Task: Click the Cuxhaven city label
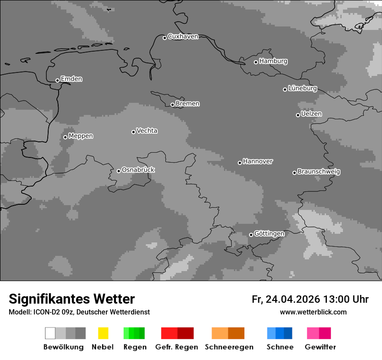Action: point(183,36)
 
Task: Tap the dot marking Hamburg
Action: point(256,62)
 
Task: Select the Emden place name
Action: point(71,79)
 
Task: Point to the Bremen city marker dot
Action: point(172,105)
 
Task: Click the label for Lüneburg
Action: point(302,88)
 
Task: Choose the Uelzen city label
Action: point(311,114)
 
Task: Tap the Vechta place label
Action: point(147,131)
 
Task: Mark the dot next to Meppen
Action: point(65,137)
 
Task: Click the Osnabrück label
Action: point(138,170)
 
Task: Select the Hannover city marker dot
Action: point(240,163)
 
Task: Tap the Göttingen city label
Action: point(269,233)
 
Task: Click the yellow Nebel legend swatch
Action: point(103,333)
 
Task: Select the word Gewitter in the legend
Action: point(320,347)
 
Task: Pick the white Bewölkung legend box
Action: point(50,333)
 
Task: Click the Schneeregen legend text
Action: point(229,347)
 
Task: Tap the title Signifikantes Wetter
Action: point(72,299)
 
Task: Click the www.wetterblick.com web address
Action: point(313,312)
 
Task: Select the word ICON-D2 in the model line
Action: point(44,312)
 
